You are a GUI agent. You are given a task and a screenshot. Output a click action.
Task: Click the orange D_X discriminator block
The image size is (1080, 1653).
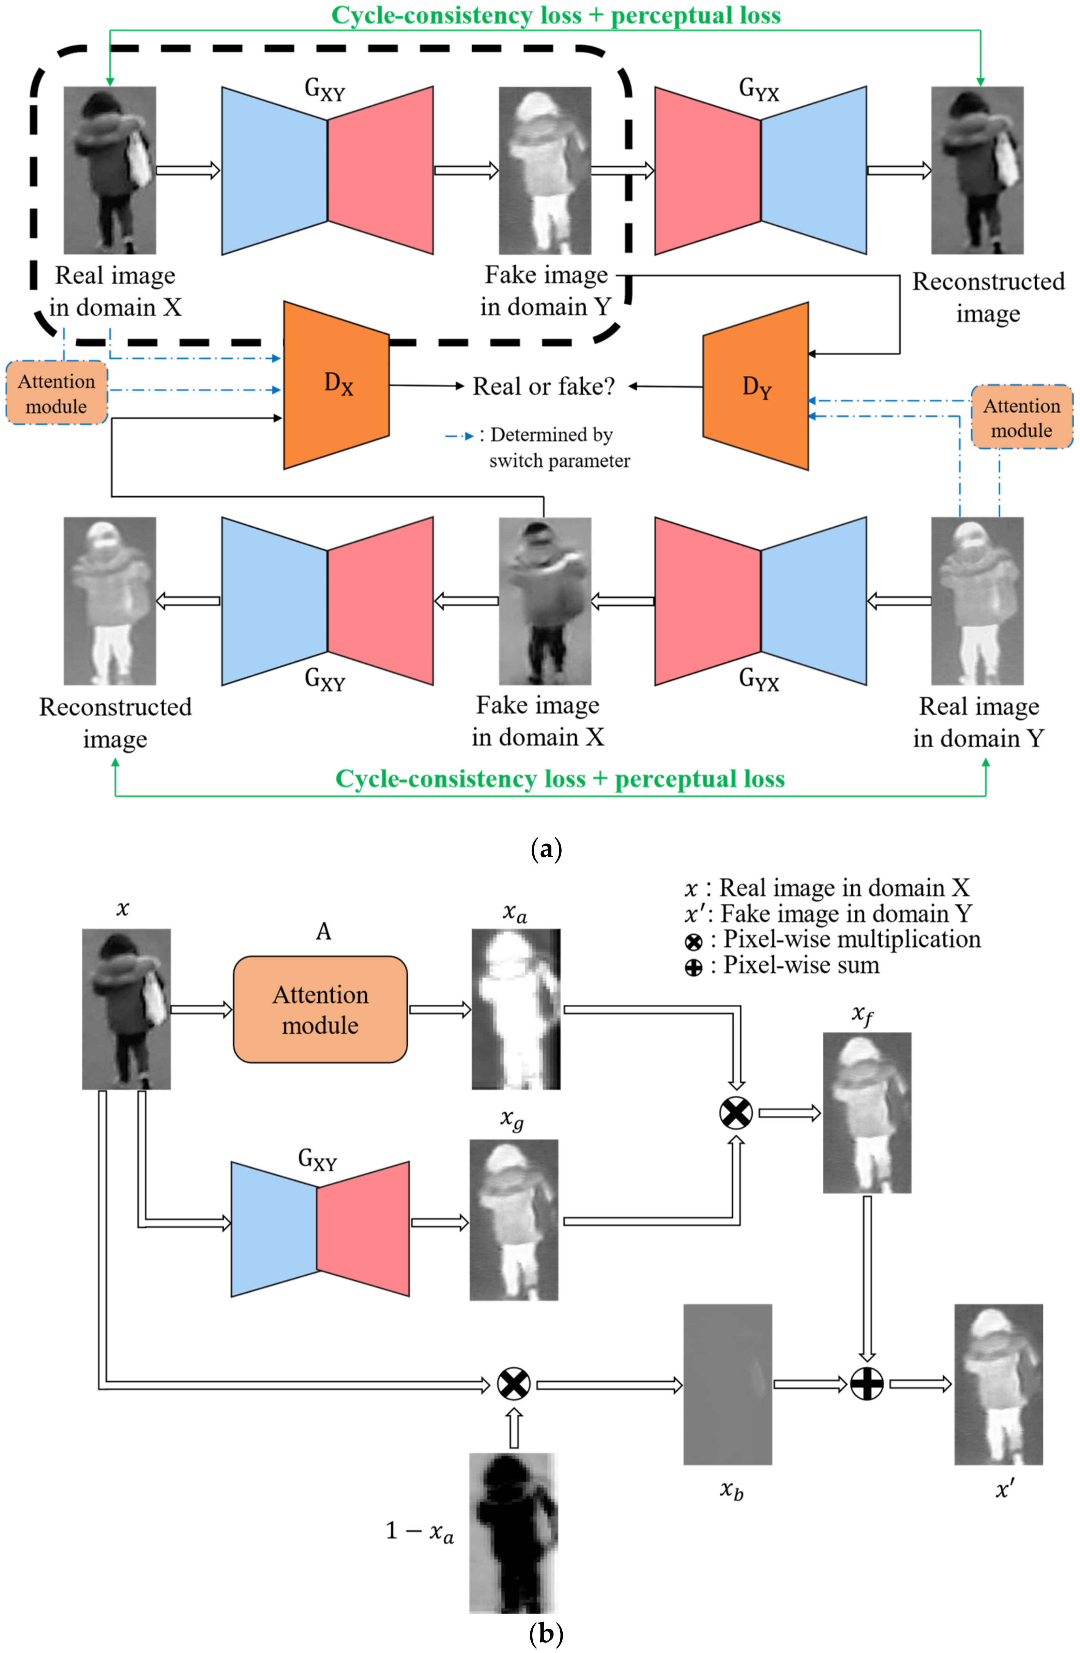click(336, 385)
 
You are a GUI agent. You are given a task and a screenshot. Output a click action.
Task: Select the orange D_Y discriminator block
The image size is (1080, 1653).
click(756, 386)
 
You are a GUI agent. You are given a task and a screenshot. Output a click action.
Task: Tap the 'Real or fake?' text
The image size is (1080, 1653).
click(544, 386)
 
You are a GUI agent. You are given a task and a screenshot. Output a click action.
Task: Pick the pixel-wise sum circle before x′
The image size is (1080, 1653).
click(867, 1384)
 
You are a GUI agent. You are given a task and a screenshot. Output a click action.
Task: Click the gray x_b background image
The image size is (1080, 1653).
click(728, 1384)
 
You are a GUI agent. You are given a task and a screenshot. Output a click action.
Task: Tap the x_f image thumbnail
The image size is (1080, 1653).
click(867, 1113)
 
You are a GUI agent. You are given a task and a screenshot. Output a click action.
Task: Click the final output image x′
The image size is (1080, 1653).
click(999, 1384)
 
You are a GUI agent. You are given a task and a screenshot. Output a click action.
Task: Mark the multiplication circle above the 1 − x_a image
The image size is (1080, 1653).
click(514, 1384)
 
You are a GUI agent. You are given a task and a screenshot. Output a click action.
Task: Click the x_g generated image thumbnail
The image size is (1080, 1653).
click(514, 1220)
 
